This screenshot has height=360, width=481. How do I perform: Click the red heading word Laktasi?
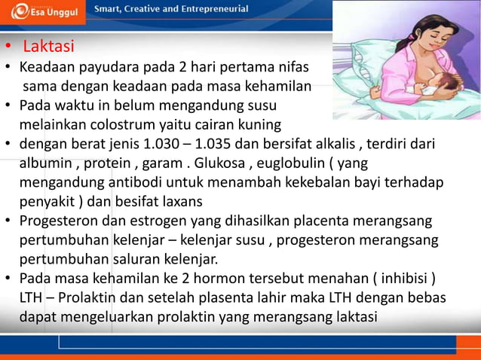tap(48, 47)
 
